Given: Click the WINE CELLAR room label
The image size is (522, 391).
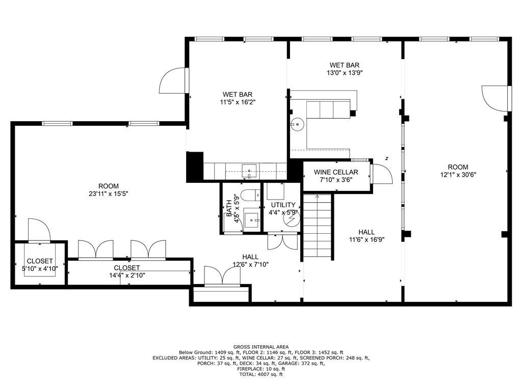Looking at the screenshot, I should [x=335, y=172].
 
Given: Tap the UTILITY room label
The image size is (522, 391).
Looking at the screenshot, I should [x=283, y=205].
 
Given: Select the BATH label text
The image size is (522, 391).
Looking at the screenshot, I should [x=229, y=209].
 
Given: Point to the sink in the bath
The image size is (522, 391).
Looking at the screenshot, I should [x=251, y=220].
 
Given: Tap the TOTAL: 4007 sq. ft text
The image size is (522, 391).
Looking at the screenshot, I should [x=260, y=374].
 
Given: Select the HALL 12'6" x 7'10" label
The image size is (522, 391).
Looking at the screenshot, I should [x=250, y=260].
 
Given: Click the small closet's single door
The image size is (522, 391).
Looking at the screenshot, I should [x=39, y=230].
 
